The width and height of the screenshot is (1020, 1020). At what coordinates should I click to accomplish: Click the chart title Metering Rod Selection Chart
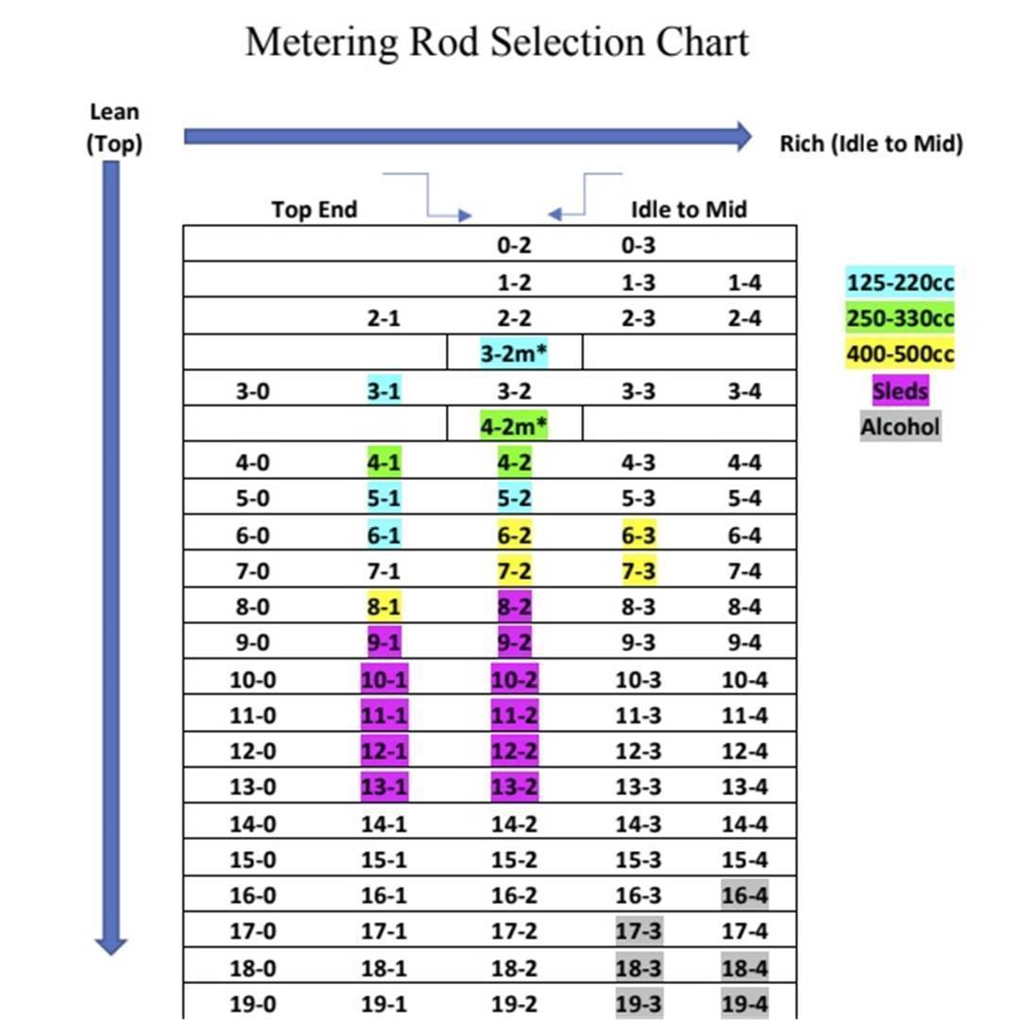coord(497,43)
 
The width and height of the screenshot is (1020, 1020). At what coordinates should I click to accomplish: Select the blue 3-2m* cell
coord(515,354)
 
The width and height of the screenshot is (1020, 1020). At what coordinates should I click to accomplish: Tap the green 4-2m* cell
coord(515,426)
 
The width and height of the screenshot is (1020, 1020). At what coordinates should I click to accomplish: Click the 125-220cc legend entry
coord(900,282)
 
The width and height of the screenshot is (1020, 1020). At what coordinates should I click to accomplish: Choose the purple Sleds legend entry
coord(900,390)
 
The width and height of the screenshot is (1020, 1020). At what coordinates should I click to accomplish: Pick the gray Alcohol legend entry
coord(900,426)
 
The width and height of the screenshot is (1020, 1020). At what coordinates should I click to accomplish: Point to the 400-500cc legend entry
coord(900,354)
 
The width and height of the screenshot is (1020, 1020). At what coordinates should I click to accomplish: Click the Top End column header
coord(314,210)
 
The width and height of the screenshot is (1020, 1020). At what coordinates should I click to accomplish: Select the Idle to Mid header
coord(688,210)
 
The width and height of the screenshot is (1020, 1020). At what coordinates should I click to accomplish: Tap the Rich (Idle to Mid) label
coord(871,144)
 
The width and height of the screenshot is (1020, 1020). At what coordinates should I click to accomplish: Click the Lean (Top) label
coord(114,128)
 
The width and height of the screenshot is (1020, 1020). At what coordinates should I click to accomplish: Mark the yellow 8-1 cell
coord(383,607)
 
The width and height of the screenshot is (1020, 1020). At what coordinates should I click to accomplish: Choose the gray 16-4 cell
coord(744,895)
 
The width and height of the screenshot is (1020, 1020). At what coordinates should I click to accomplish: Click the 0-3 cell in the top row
coord(638,246)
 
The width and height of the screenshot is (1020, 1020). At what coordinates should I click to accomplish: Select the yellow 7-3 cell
coord(638,571)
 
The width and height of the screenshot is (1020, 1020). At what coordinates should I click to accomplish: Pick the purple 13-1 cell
coord(383,788)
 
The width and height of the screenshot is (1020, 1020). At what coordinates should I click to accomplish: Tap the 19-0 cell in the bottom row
coord(253,1004)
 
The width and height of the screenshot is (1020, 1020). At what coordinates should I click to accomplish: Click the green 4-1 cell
coord(383,463)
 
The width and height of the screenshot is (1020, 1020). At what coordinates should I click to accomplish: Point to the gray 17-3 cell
coord(638,931)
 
